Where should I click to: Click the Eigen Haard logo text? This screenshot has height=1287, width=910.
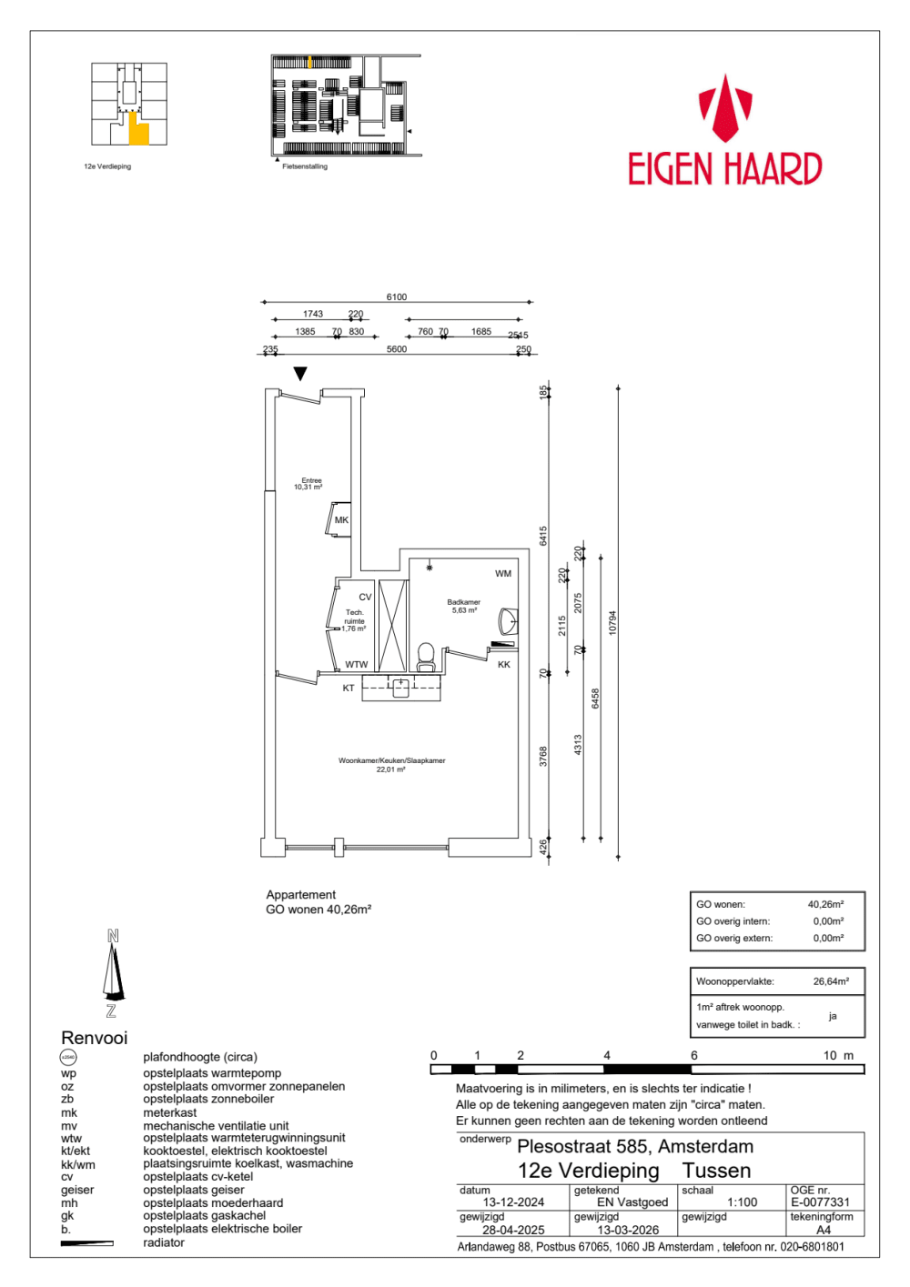725,169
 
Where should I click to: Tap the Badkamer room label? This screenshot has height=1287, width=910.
463,603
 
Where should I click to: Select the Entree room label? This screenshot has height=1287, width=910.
311,481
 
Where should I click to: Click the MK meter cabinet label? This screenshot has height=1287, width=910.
341,520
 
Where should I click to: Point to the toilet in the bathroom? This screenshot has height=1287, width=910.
425,656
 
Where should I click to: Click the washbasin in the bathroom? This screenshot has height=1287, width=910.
508,622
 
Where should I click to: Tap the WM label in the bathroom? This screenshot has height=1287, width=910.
503,574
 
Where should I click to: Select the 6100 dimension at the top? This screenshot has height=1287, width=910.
396,297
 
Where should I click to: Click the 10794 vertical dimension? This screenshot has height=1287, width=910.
612,622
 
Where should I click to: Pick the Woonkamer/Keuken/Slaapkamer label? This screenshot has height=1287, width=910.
391,760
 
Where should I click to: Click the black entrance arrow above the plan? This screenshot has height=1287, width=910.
300,374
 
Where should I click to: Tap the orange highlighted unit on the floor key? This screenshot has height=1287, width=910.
138,133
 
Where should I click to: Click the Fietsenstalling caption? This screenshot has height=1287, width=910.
305,166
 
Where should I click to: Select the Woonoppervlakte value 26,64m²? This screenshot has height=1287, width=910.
831,981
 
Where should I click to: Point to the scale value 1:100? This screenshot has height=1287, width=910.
742,1202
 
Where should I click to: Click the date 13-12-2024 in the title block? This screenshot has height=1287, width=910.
513,1202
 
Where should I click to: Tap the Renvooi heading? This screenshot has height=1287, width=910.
95,1038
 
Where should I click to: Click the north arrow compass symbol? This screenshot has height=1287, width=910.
112,972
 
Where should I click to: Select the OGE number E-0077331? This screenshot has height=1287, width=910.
820,1202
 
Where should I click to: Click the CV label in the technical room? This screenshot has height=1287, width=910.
365,598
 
